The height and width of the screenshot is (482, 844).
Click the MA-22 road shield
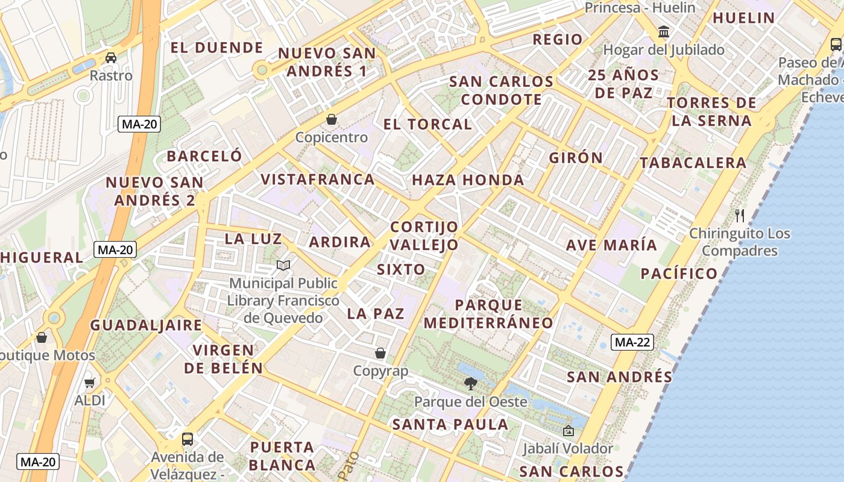[x=632, y=342]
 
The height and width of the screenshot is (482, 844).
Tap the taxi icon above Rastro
[x=111, y=58]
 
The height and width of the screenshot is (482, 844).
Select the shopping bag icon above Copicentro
[x=331, y=119]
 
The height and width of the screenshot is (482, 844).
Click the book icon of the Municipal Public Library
[x=283, y=265]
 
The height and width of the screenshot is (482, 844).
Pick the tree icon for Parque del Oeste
[x=470, y=383]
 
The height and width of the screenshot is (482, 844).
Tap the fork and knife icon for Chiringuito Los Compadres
[x=740, y=215]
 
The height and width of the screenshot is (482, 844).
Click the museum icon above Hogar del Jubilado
[x=664, y=31]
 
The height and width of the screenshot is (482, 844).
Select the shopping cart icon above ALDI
[x=90, y=383]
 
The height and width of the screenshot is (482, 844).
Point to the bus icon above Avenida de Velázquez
[x=187, y=439]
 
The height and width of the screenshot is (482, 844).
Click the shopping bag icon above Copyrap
[x=380, y=353]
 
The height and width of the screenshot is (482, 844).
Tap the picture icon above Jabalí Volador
[x=568, y=431]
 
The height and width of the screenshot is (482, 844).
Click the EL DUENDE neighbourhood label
[x=216, y=48]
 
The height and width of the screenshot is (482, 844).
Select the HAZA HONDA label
[x=468, y=180]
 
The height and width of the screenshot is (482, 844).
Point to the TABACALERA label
[x=693, y=163]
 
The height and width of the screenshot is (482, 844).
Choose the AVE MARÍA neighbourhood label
[x=611, y=245]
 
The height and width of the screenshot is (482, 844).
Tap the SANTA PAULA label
[x=450, y=425]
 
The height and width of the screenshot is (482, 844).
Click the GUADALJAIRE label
[x=146, y=325]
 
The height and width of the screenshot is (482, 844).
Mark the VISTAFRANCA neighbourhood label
[x=318, y=180]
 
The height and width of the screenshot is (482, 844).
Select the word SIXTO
[x=401, y=269]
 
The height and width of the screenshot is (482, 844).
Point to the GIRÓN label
[x=576, y=158]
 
